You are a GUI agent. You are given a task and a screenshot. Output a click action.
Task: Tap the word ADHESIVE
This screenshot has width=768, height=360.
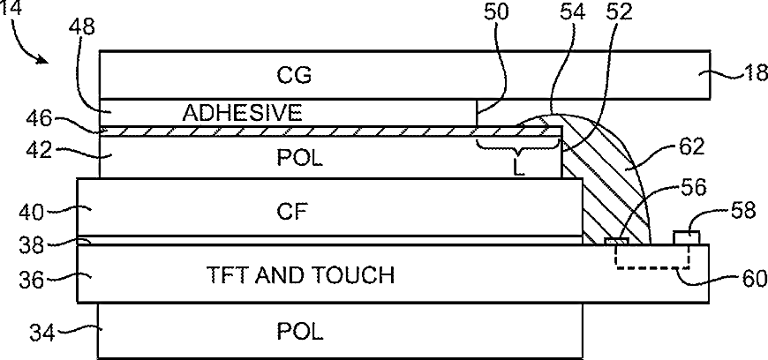point(242,112)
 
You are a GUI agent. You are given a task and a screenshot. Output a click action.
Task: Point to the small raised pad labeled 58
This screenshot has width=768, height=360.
point(687,237)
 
